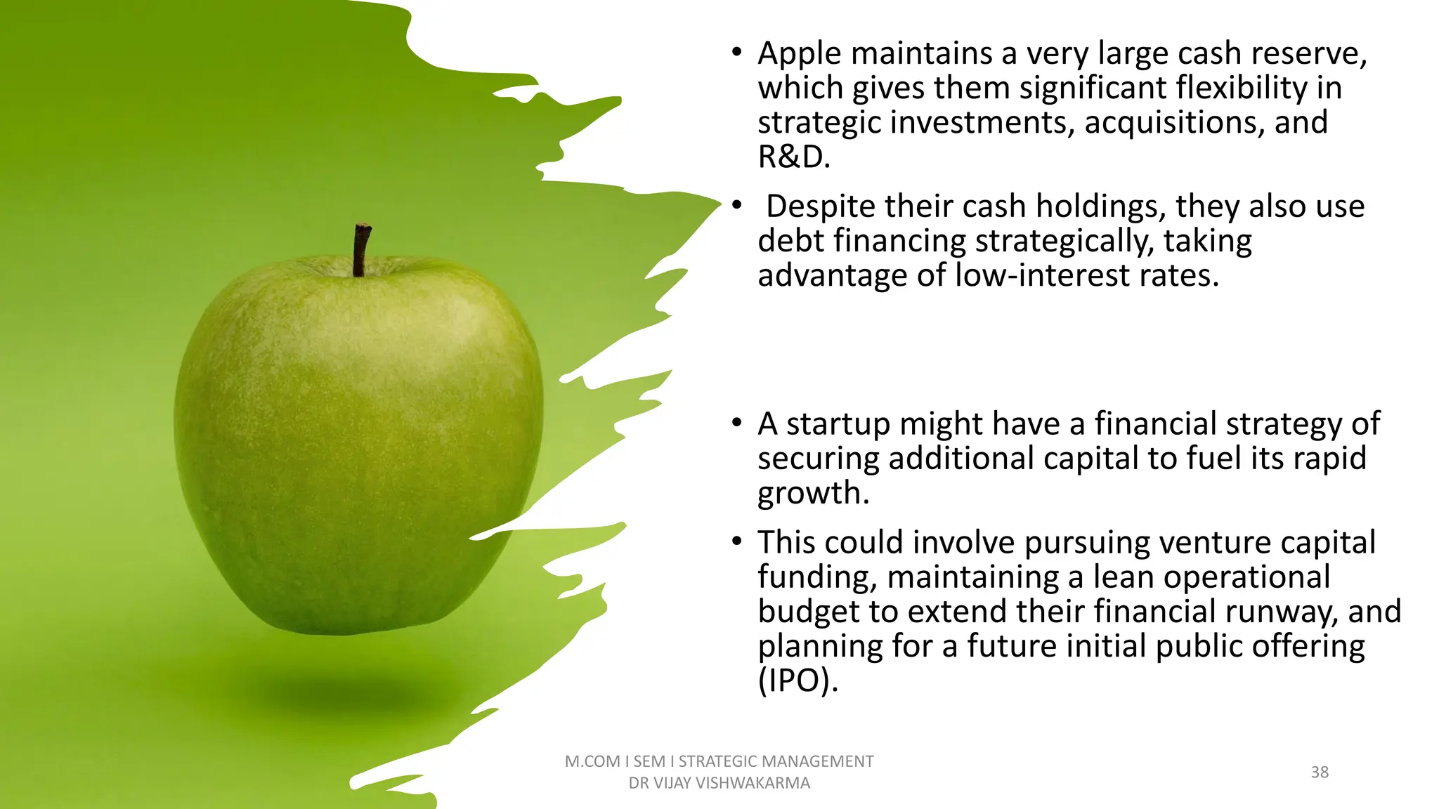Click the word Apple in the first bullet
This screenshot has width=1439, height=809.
coord(800,54)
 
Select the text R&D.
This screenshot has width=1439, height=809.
coord(793,157)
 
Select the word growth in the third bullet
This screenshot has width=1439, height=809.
coord(813,494)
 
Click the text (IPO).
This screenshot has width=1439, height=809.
coord(797,680)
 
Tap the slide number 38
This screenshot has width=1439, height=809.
coord(1320,772)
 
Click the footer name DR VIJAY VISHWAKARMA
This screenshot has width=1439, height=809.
coord(719,783)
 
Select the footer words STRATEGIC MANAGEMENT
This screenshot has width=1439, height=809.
coord(776,761)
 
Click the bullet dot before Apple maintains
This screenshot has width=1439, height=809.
coord(736,53)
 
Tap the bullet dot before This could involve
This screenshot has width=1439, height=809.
coord(736,541)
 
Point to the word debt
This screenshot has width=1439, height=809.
coord(791,241)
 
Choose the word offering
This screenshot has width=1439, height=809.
coord(1308,646)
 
